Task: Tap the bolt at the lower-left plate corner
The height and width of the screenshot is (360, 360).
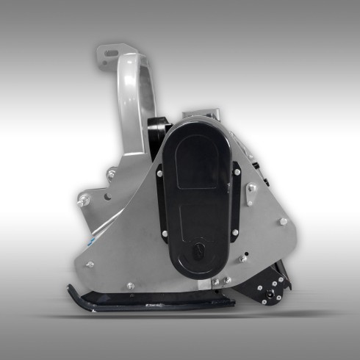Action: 89,264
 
